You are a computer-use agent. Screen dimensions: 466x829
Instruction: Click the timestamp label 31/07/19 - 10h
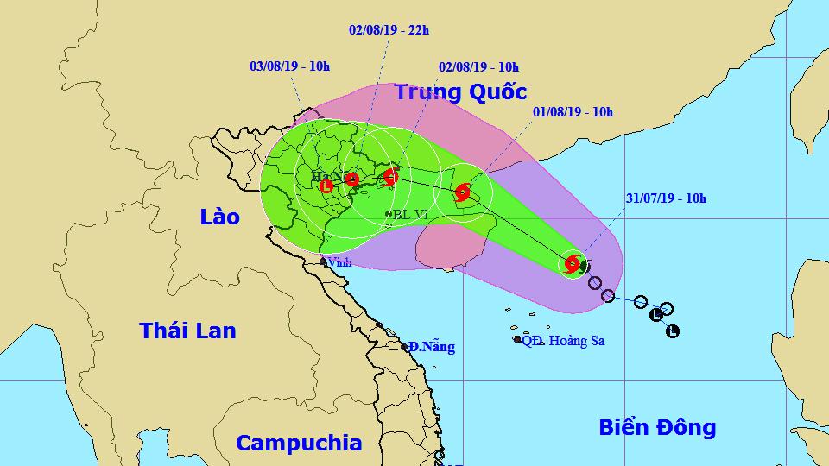pos(666,198)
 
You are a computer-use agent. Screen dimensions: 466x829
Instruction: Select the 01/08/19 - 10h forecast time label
pos(573,112)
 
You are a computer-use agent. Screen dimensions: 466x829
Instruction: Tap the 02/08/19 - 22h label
pos(389,29)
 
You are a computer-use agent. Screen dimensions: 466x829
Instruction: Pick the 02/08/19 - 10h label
pos(479,66)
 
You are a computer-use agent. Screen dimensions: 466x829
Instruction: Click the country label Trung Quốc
pos(460,92)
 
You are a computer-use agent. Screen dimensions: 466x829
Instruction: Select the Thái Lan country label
pos(187,330)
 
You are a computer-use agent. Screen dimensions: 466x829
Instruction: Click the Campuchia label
pos(299,444)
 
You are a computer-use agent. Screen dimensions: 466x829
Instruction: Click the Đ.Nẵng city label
pos(432,347)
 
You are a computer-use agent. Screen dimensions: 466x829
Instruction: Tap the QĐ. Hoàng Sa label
pos(563,341)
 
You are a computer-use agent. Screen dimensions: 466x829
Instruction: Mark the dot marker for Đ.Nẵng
pos(404,347)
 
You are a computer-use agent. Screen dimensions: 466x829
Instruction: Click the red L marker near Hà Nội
pos(326,186)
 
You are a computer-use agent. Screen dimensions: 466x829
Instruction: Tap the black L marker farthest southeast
pos(673,331)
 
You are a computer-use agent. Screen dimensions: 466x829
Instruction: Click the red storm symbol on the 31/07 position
pos(572,265)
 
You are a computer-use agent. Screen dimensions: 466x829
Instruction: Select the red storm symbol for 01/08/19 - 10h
pos(461,191)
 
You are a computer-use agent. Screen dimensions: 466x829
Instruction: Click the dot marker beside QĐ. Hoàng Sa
pos(517,340)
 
